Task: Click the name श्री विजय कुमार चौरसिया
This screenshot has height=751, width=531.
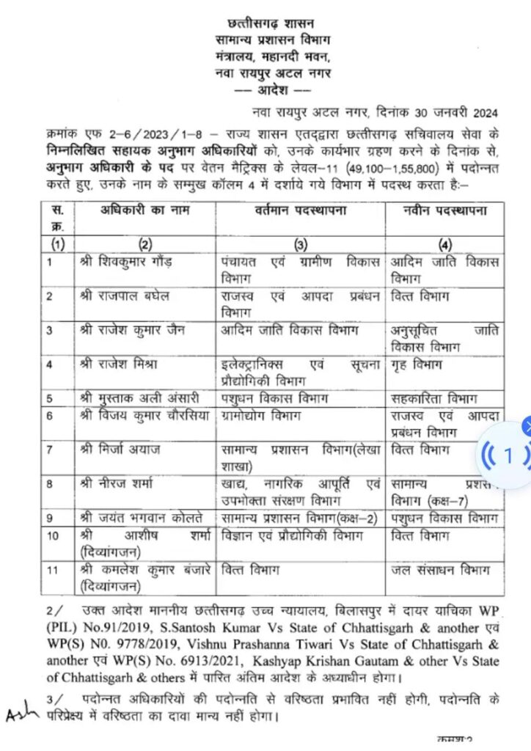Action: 140,415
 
